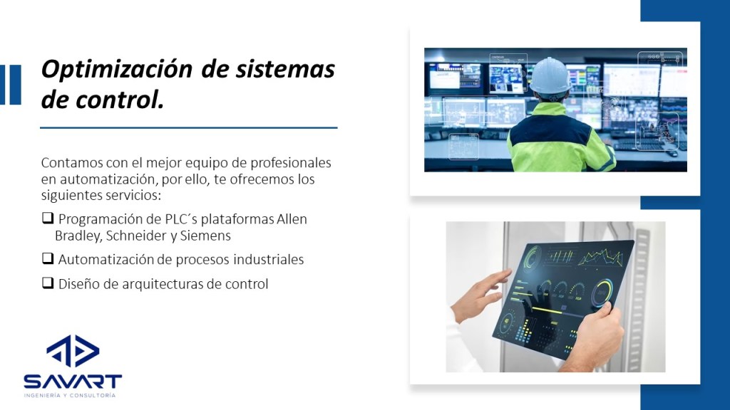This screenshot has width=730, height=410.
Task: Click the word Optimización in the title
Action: pos(116,70)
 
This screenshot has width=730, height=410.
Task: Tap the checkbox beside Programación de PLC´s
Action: pos(48,218)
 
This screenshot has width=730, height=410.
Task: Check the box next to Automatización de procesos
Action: pos(48,258)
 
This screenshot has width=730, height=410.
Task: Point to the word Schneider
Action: pos(135,236)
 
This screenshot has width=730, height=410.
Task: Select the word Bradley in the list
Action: pos(78,236)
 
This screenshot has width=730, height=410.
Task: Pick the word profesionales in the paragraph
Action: pos(291,163)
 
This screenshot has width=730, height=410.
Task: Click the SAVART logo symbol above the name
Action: pos(73,350)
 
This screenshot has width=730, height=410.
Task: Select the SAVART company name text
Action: pos(73,382)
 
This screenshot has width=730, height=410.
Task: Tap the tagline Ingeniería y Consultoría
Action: pos(70,396)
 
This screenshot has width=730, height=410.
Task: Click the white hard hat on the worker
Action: pos(550,75)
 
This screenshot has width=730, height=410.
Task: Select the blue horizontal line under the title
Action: pos(188,127)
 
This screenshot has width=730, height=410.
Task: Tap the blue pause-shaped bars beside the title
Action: pos(11,85)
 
